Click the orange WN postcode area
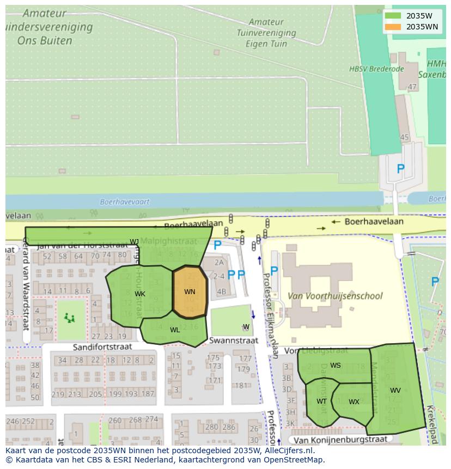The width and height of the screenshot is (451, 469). [190, 293]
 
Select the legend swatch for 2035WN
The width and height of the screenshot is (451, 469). [392, 27]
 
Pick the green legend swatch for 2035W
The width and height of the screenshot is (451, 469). [392, 15]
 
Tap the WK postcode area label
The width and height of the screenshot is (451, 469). [140, 294]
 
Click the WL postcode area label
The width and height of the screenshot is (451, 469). [175, 330]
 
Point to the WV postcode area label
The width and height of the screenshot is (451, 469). [395, 391]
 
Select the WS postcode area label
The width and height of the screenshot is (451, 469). [336, 366]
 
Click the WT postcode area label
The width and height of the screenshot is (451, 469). [322, 401]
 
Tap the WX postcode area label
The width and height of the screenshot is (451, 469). [354, 402]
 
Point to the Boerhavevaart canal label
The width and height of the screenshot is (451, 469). [125, 202]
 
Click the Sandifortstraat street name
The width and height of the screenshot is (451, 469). [103, 346]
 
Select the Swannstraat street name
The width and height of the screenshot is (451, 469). [234, 340]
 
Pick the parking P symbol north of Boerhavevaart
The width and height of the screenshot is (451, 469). [400, 169]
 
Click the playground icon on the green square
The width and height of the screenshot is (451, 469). [69, 317]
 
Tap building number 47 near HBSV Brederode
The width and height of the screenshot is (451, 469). [412, 87]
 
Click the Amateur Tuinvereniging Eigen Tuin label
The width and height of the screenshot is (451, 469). [267, 32]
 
